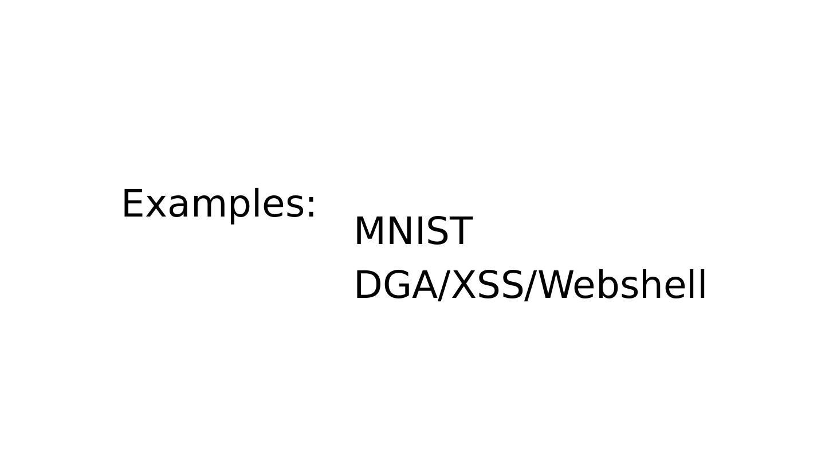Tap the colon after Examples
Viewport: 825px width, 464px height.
click(311, 206)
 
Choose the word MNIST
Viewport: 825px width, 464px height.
click(413, 231)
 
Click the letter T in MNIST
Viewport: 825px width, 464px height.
click(459, 231)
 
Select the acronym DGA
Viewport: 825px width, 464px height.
click(395, 285)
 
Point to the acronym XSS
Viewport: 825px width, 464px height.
click(487, 285)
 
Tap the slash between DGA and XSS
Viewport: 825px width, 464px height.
click(443, 285)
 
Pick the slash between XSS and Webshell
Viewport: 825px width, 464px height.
click(531, 285)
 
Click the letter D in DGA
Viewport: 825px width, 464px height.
click(370, 285)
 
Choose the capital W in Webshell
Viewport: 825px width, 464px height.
click(558, 285)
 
